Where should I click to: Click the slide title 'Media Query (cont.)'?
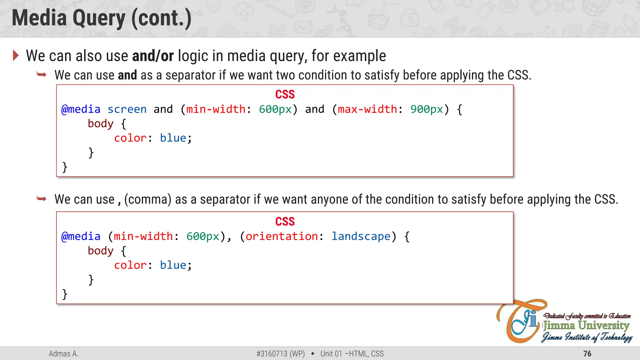(102, 18)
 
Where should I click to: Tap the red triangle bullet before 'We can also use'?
(16, 56)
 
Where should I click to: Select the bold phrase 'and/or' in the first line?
(153, 56)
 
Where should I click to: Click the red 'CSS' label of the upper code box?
(285, 94)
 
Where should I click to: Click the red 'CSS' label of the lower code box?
(285, 222)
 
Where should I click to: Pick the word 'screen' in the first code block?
(127, 109)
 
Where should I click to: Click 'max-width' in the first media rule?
(367, 109)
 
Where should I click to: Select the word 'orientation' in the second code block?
(282, 237)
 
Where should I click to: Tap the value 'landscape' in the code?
(361, 237)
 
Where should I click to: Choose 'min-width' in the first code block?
(216, 109)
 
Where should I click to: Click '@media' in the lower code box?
(81, 237)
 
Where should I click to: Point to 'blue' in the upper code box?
(173, 138)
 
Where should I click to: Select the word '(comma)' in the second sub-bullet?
(148, 199)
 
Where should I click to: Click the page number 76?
(587, 354)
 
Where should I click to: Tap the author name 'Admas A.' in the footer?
(63, 354)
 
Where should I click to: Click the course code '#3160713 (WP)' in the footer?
(280, 354)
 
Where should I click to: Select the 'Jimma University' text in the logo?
(586, 326)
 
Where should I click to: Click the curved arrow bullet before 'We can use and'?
(42, 75)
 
